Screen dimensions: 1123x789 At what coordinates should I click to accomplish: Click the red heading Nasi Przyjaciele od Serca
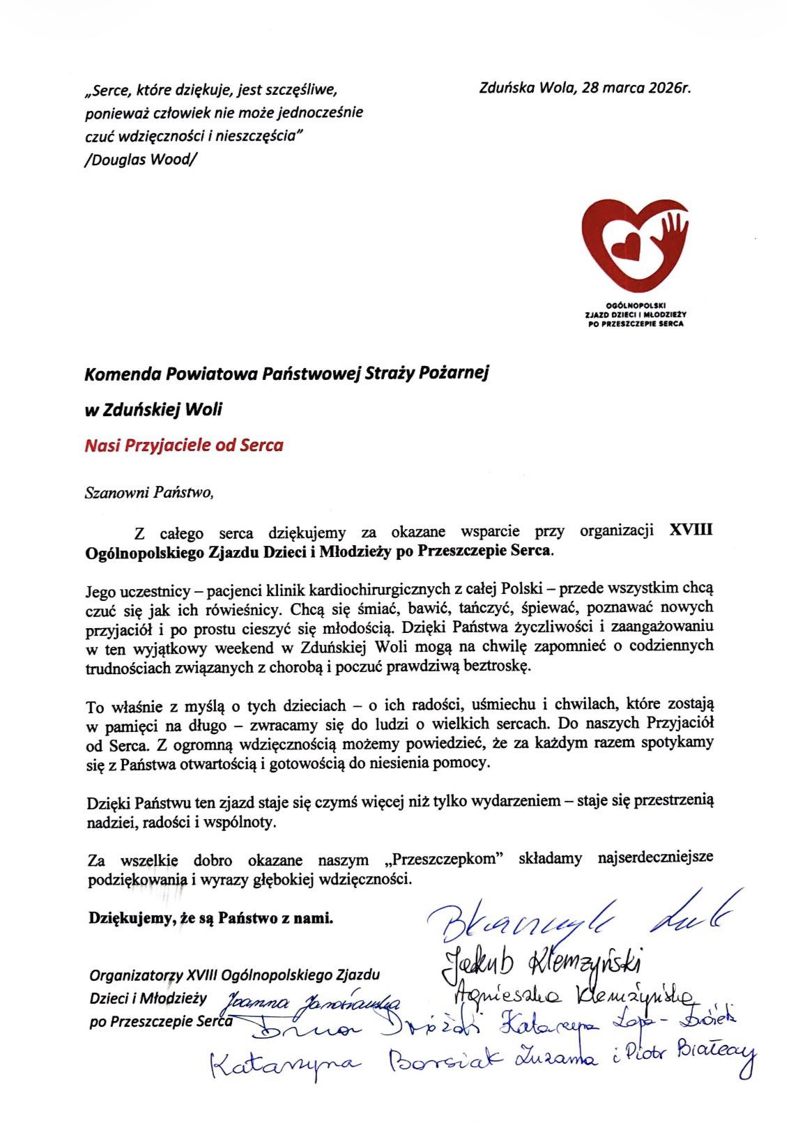(183, 445)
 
